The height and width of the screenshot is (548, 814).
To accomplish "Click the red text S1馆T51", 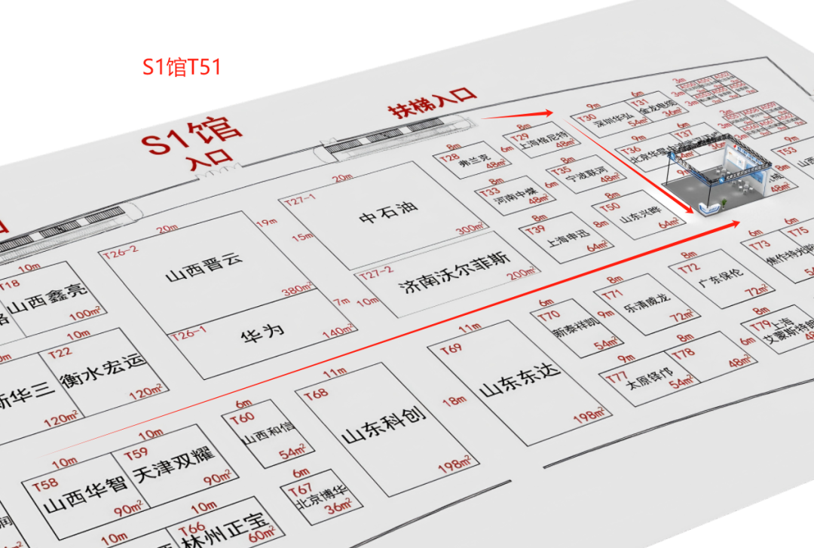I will click(x=182, y=67).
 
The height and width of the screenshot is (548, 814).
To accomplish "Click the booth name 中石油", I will click(x=388, y=213).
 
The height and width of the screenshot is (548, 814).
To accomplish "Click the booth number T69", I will click(x=451, y=349).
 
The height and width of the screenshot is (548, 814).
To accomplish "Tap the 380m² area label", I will click(x=296, y=289).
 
